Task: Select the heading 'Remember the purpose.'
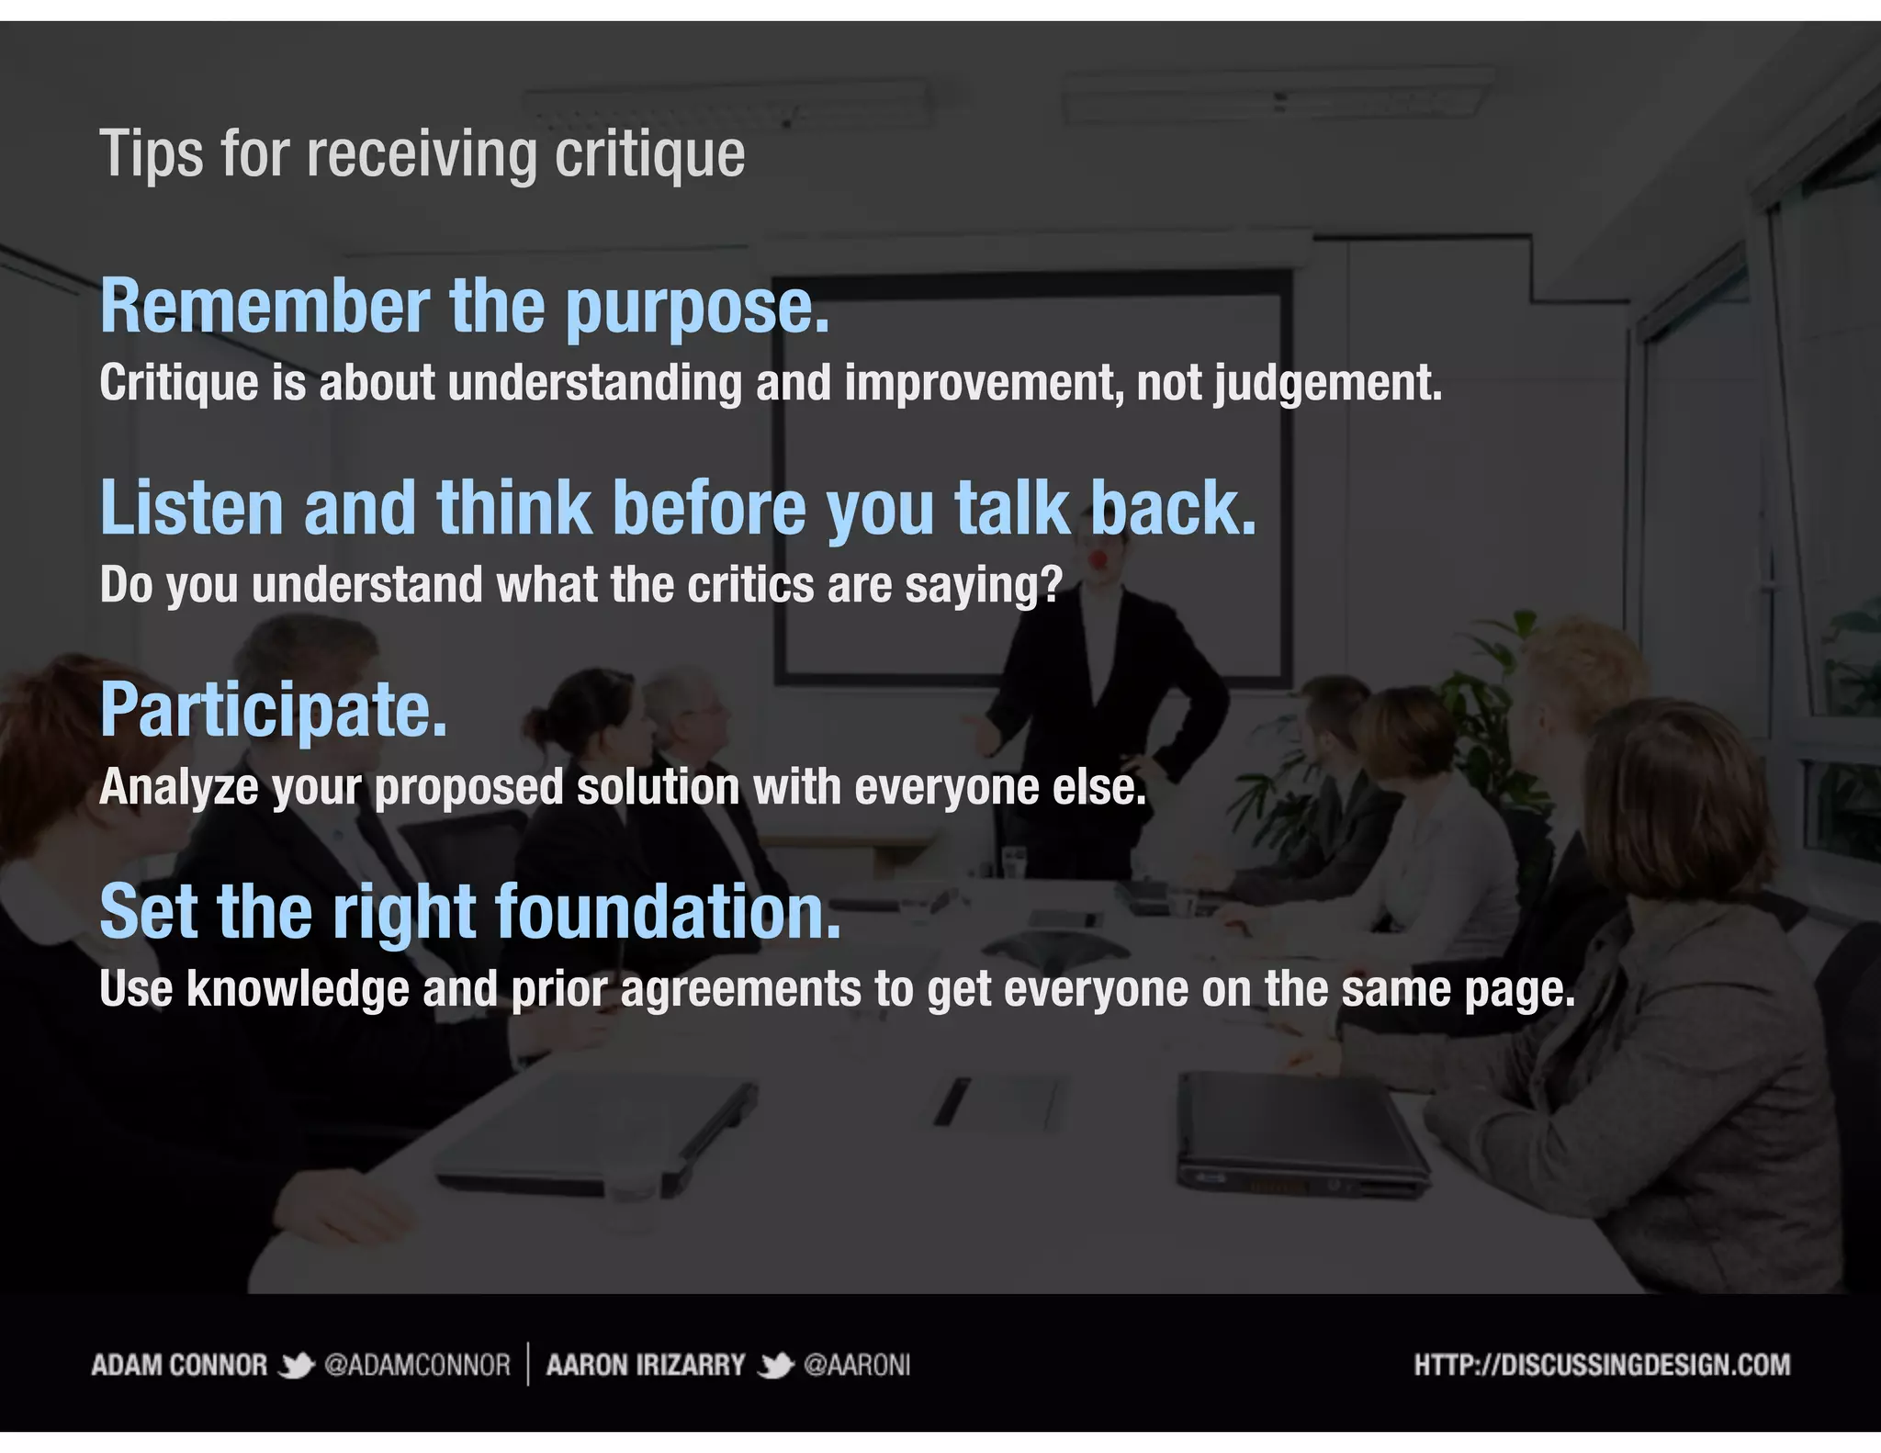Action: pyautogui.click(x=465, y=306)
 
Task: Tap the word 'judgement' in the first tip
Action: pyautogui.click(x=1326, y=384)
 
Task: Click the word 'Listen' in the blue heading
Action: pyautogui.click(x=192, y=508)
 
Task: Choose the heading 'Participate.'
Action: pyautogui.click(x=274, y=710)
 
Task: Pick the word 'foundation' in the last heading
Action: pyautogui.click(x=667, y=912)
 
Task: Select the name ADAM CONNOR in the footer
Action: pyautogui.click(x=179, y=1365)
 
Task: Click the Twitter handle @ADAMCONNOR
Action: pyautogui.click(x=417, y=1365)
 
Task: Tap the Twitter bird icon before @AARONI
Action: pyautogui.click(x=775, y=1366)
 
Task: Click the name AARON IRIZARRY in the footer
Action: pyautogui.click(x=645, y=1365)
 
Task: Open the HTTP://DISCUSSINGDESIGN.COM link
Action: pyautogui.click(x=1602, y=1365)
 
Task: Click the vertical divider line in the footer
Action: pyautogui.click(x=528, y=1364)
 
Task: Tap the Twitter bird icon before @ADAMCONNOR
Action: pyautogui.click(x=296, y=1366)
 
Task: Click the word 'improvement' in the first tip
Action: pyautogui.click(x=983, y=384)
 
